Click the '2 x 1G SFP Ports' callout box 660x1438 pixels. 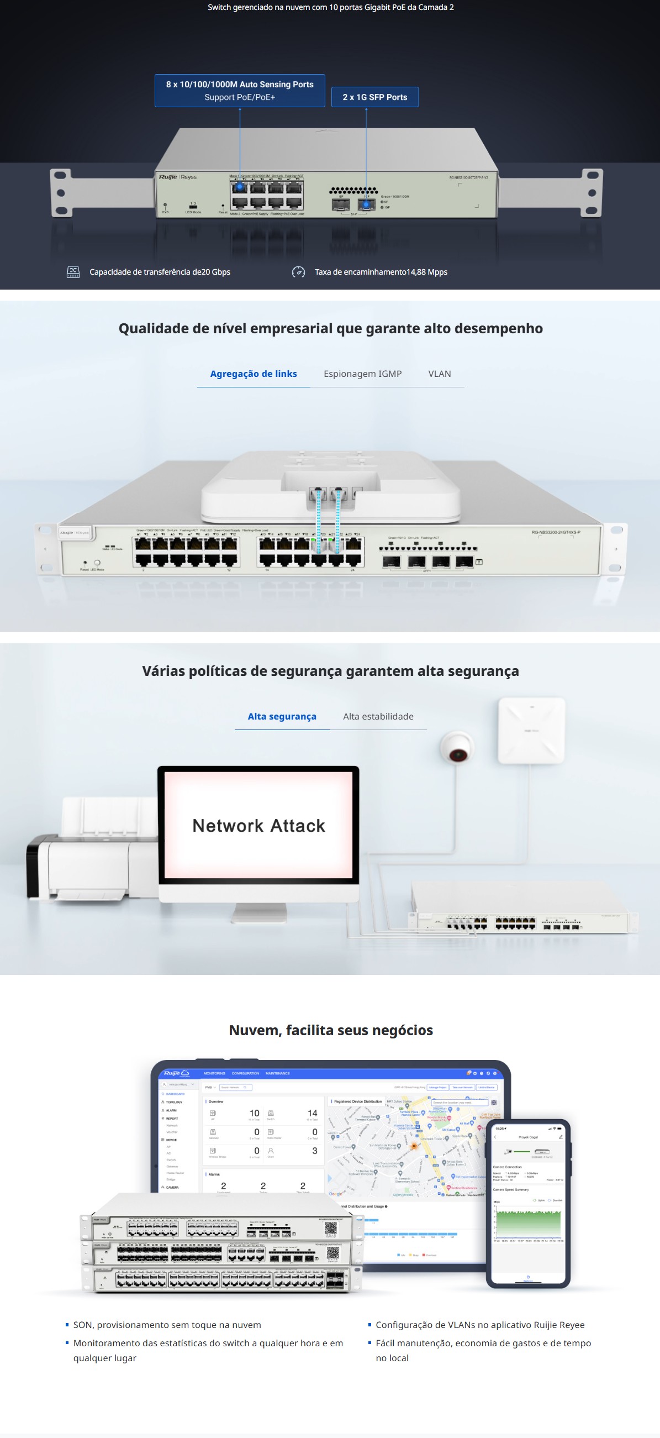coord(375,97)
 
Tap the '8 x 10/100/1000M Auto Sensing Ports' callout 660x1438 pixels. coord(240,91)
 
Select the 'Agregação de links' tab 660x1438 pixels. coord(254,374)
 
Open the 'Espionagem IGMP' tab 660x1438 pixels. coord(363,374)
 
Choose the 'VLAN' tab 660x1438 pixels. coord(440,374)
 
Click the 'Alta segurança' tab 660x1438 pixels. coord(282,717)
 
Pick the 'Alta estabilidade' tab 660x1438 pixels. coord(378,717)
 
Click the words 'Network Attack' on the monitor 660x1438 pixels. coord(258,826)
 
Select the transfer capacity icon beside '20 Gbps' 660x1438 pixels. coord(73,272)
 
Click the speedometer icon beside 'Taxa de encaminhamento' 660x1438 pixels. coord(298,272)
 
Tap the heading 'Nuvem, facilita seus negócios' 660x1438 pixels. coord(330,1031)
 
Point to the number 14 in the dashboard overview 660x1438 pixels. coord(313,1114)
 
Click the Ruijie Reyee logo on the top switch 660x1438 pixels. coord(177,177)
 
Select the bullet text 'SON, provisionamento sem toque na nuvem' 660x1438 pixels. coord(167,1325)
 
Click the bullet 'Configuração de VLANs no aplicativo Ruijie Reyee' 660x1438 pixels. coord(480,1325)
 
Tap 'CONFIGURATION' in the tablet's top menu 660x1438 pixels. coord(245,1073)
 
